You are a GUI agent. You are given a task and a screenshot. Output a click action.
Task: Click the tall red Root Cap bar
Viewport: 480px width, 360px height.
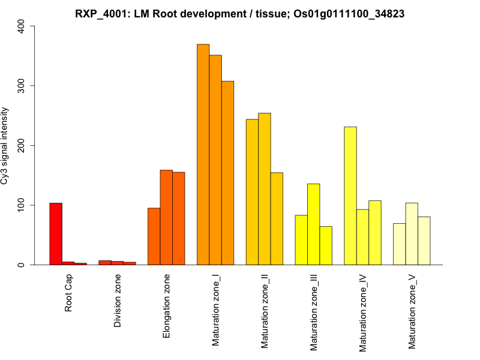pyautogui.click(x=56, y=234)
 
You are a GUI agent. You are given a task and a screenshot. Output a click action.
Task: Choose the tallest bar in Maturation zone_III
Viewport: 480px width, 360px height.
pyautogui.click(x=314, y=224)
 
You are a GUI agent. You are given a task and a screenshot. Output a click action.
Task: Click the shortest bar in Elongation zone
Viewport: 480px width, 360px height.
pyautogui.click(x=154, y=236)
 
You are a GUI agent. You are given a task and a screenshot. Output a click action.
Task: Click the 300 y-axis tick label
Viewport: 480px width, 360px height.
pyautogui.click(x=22, y=86)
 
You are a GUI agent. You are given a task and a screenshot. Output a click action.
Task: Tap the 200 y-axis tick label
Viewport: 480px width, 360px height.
pyautogui.click(x=22, y=146)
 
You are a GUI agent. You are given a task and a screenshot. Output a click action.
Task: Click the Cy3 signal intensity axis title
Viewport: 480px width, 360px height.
pyautogui.click(x=5, y=145)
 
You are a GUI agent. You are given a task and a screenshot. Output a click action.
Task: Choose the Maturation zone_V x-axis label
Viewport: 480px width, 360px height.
pyautogui.click(x=412, y=311)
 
